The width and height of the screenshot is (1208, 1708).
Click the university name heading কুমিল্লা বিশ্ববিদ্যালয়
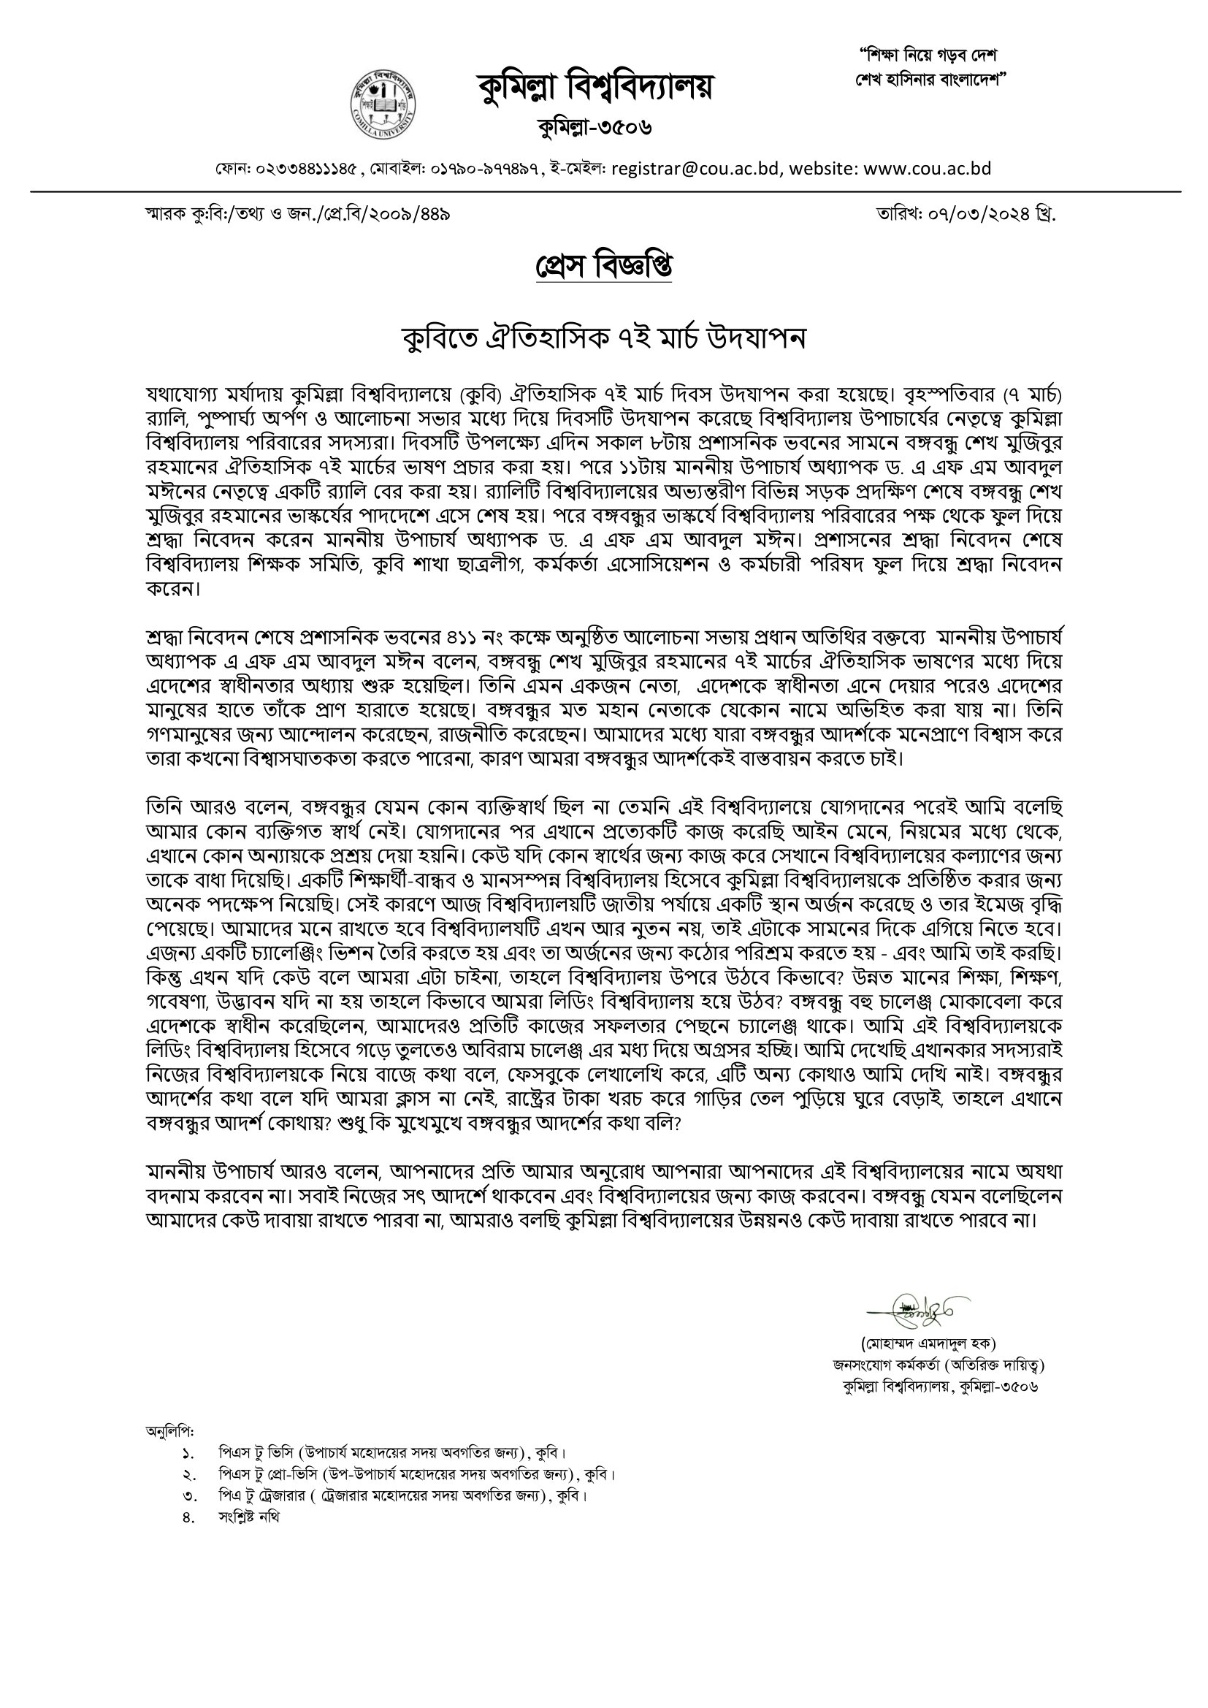coord(595,88)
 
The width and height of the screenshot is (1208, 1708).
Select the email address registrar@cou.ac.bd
coord(696,169)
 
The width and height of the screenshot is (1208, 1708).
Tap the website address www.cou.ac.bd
coord(928,169)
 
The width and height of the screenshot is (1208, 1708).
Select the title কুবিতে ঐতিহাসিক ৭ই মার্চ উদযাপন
coord(603,338)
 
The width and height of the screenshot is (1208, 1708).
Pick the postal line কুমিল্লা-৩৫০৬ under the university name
coord(595,127)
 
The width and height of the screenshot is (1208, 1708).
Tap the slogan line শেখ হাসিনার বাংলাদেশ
coord(930,79)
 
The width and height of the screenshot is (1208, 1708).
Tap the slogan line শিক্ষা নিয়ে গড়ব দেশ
coord(928,56)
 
